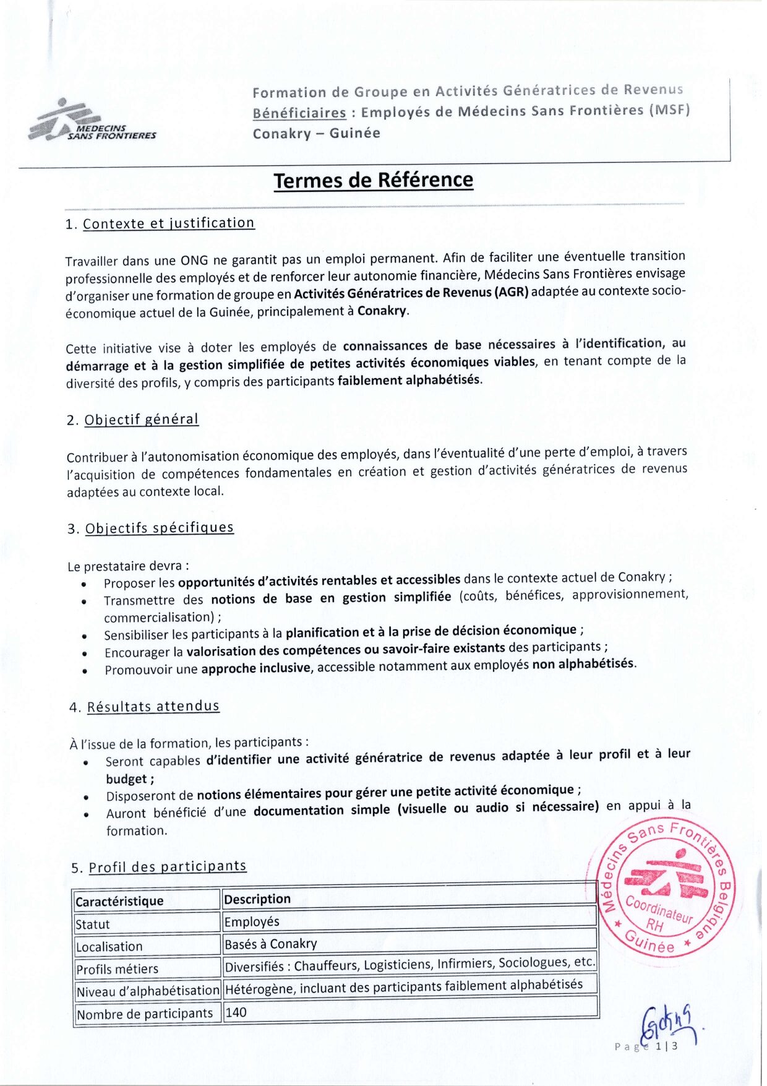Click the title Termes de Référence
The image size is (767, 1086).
373,180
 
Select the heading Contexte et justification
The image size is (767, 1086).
168,223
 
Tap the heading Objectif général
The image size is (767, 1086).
141,420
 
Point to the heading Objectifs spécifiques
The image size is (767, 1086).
159,528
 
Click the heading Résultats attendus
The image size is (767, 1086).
153,707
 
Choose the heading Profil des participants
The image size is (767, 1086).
167,866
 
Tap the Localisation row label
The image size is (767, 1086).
109,946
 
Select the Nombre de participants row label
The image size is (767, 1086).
145,1014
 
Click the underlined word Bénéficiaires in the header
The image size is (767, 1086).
299,113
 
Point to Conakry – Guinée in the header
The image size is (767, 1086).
316,133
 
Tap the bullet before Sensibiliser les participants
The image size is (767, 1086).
84,636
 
